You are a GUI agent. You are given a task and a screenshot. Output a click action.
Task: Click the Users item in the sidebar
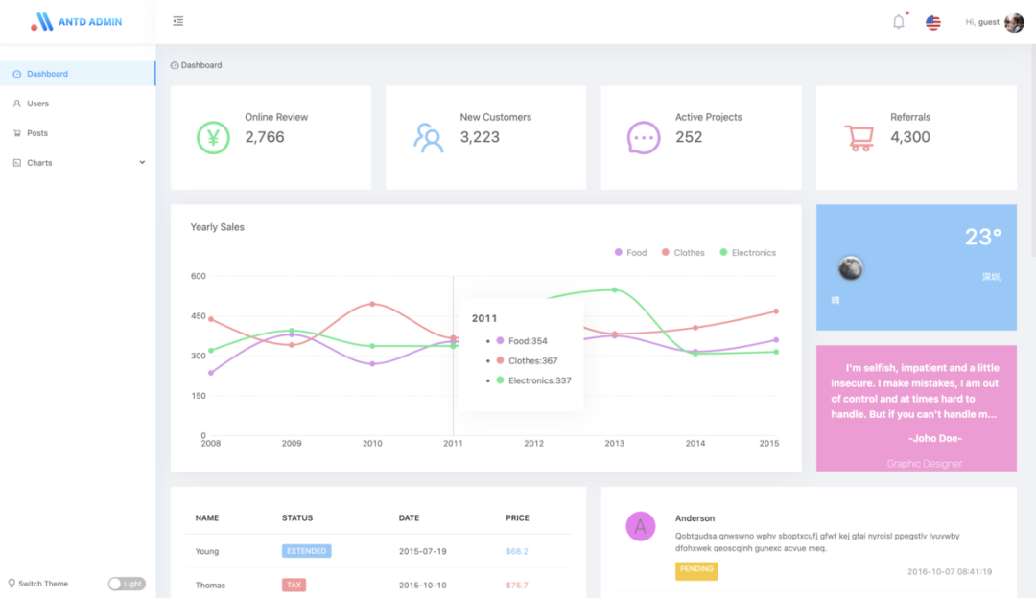pos(37,103)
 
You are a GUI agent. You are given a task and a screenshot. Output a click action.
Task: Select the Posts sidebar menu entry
pos(36,133)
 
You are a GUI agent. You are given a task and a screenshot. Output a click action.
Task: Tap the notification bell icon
pos(899,22)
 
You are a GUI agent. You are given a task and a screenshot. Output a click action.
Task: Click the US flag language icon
pos(933,22)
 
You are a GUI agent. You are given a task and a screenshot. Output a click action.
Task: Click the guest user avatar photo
pos(1014,22)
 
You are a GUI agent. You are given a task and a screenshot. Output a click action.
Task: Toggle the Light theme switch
pos(127,584)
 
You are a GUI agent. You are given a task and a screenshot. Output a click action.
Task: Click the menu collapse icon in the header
pos(178,21)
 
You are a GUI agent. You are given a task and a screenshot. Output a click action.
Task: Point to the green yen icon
pos(213,137)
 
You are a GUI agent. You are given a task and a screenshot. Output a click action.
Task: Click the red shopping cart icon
pos(859,138)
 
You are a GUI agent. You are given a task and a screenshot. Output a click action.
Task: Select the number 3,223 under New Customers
pos(480,137)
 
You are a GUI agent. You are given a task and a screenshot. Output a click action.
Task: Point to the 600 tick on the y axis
pos(198,276)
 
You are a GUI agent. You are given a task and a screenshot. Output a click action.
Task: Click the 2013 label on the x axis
pos(614,444)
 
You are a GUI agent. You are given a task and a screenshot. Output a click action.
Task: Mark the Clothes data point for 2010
pos(372,304)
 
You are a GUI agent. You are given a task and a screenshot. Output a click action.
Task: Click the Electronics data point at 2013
pos(614,289)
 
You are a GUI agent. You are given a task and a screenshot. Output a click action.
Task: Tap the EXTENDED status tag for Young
pos(307,551)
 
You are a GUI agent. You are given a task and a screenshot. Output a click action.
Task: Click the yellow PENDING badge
pos(696,569)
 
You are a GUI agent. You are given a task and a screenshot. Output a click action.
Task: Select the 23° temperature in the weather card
pos(982,237)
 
